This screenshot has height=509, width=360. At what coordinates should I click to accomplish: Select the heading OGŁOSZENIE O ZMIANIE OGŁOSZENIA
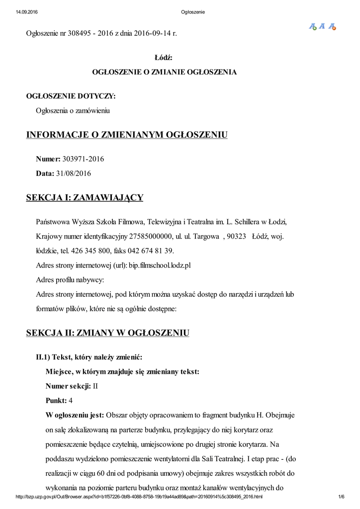[165, 72]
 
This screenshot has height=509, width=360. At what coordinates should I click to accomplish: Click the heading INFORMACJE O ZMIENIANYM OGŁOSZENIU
[127, 135]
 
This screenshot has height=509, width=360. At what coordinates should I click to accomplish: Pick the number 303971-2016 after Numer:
[83, 159]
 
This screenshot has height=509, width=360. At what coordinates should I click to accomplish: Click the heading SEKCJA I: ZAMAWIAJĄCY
[85, 198]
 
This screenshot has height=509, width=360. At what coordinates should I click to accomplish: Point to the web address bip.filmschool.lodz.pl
[160, 265]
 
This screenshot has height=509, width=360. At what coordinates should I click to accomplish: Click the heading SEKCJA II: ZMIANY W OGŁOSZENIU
[107, 333]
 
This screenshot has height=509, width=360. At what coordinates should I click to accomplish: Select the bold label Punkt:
[56, 400]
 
